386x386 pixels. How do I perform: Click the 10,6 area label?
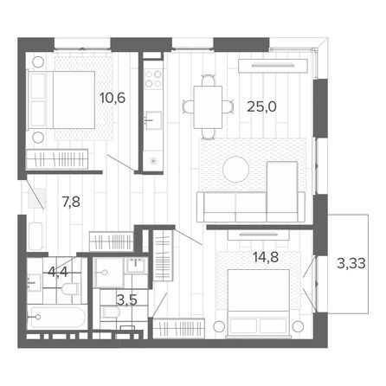[113, 98]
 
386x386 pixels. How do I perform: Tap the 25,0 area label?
[261, 106]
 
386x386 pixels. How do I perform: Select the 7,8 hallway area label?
[71, 202]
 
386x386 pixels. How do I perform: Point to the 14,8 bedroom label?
[266, 257]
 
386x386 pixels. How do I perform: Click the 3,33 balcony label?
[351, 263]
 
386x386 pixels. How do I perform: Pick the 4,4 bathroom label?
[57, 272]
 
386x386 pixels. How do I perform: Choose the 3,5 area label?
[126, 300]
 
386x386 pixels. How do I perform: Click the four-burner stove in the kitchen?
[153, 79]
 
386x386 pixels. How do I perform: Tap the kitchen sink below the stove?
[153, 119]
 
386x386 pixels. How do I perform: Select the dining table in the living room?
[208, 107]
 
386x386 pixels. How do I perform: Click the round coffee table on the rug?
[236, 170]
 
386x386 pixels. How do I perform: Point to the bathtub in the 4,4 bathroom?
[57, 318]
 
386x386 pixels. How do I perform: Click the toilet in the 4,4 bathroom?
[70, 289]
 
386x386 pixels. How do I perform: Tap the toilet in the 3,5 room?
[110, 312]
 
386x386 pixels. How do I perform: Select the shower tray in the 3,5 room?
[109, 273]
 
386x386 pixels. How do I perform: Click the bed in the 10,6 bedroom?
[61, 100]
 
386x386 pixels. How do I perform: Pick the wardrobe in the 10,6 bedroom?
[57, 159]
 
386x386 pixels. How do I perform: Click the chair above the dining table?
[208, 80]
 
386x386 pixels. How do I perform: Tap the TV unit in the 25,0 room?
[273, 66]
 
